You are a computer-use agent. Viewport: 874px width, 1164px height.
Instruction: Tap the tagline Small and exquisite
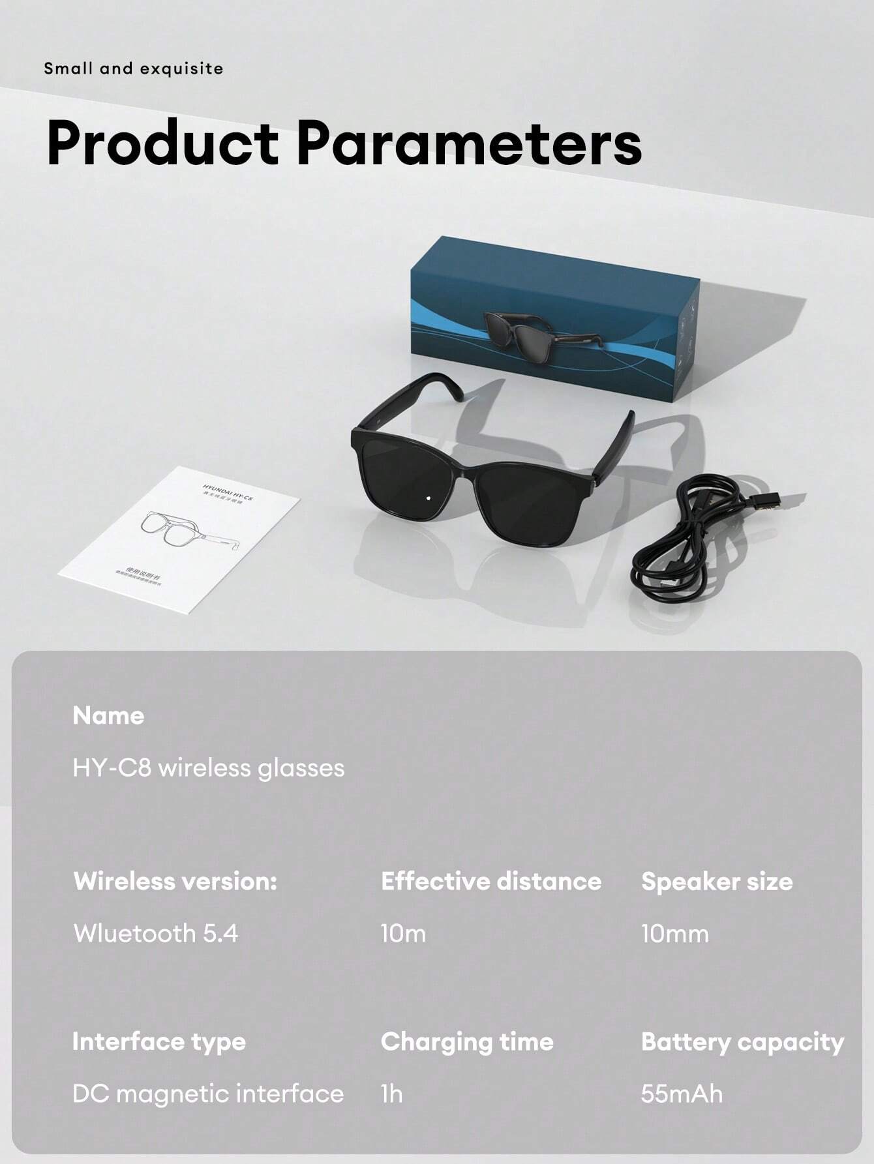134,68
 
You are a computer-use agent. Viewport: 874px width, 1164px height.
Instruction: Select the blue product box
554,326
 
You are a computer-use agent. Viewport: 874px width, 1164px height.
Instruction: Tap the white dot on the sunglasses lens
429,499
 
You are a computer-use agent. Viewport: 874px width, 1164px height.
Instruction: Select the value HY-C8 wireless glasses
209,768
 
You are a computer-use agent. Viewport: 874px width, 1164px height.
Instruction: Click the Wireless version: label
175,881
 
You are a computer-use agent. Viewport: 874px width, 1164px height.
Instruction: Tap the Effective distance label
491,881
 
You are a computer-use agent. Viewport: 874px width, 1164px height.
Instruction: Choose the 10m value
403,933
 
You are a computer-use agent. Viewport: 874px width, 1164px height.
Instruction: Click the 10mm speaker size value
674,933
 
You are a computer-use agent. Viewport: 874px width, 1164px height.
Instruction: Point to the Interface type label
159,1041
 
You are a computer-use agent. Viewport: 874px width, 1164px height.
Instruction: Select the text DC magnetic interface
208,1094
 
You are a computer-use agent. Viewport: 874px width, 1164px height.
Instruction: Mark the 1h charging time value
391,1094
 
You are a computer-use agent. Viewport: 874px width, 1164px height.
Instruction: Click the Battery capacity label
742,1041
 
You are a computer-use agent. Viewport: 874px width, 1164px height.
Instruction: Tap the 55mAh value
682,1094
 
